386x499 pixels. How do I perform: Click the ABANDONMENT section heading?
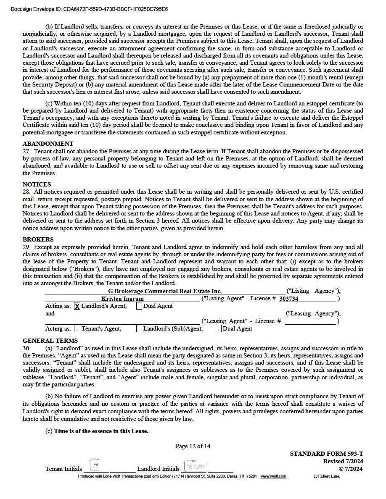[48, 144]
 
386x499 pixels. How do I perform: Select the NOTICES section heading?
[37, 184]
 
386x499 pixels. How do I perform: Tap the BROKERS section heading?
[38, 239]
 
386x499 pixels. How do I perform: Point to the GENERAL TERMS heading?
[50, 341]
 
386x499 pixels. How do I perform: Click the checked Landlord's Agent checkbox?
[77, 306]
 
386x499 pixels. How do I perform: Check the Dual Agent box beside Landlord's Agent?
[139, 306]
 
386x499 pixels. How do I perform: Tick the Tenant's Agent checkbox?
[77, 329]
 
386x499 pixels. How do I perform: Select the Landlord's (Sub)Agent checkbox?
[139, 329]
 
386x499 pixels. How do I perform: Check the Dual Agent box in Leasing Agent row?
[219, 329]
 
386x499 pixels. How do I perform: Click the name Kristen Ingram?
[122, 299]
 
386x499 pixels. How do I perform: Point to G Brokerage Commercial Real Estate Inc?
[164, 291]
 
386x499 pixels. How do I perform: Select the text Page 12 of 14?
[193, 446]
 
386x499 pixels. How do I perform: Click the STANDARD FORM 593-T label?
[326, 454]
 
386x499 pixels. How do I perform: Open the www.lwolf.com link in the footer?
[273, 476]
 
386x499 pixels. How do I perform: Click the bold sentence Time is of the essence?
[101, 431]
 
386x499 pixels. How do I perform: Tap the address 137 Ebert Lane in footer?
[327, 476]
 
